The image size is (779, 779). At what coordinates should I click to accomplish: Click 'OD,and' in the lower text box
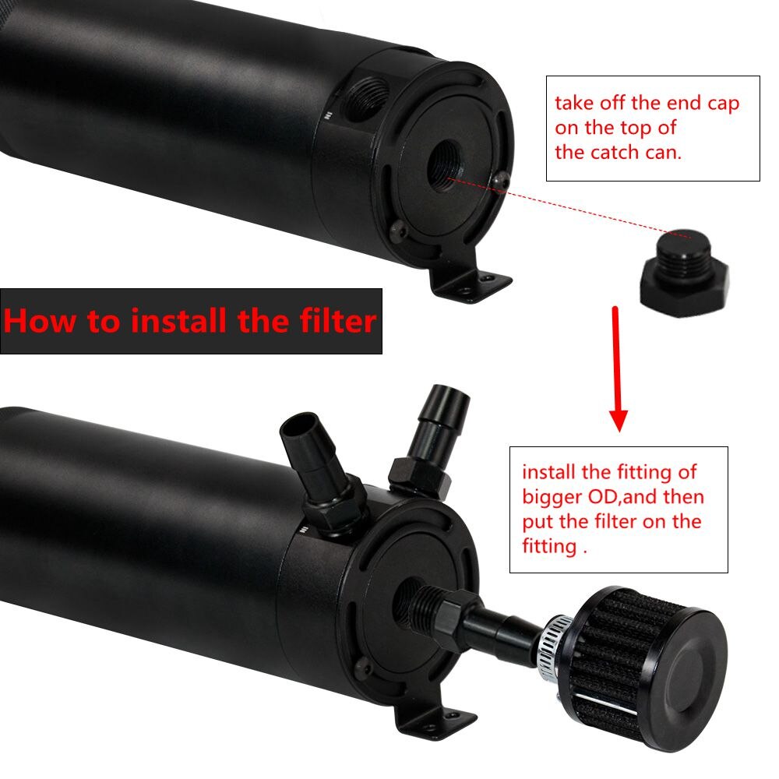click(623, 497)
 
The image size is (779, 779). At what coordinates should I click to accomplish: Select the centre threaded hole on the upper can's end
click(445, 165)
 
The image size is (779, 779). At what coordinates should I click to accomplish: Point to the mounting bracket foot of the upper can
click(470, 284)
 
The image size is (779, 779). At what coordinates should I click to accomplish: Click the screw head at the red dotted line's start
click(500, 181)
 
